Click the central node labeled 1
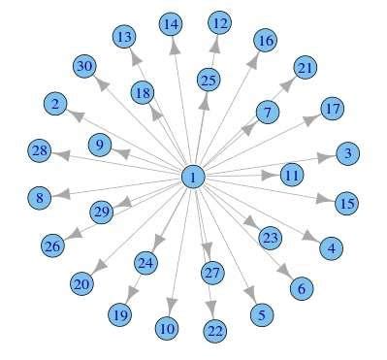193,177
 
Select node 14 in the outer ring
171,22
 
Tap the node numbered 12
220,22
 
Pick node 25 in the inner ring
208,80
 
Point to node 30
84,66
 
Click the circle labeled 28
39,150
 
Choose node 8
40,198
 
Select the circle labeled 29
102,212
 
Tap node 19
119,314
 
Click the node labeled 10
167,329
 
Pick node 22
215,331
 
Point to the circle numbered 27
211,273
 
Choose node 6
301,287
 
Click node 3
348,153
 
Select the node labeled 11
292,176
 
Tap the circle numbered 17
332,108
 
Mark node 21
306,68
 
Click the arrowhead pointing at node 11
271,176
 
